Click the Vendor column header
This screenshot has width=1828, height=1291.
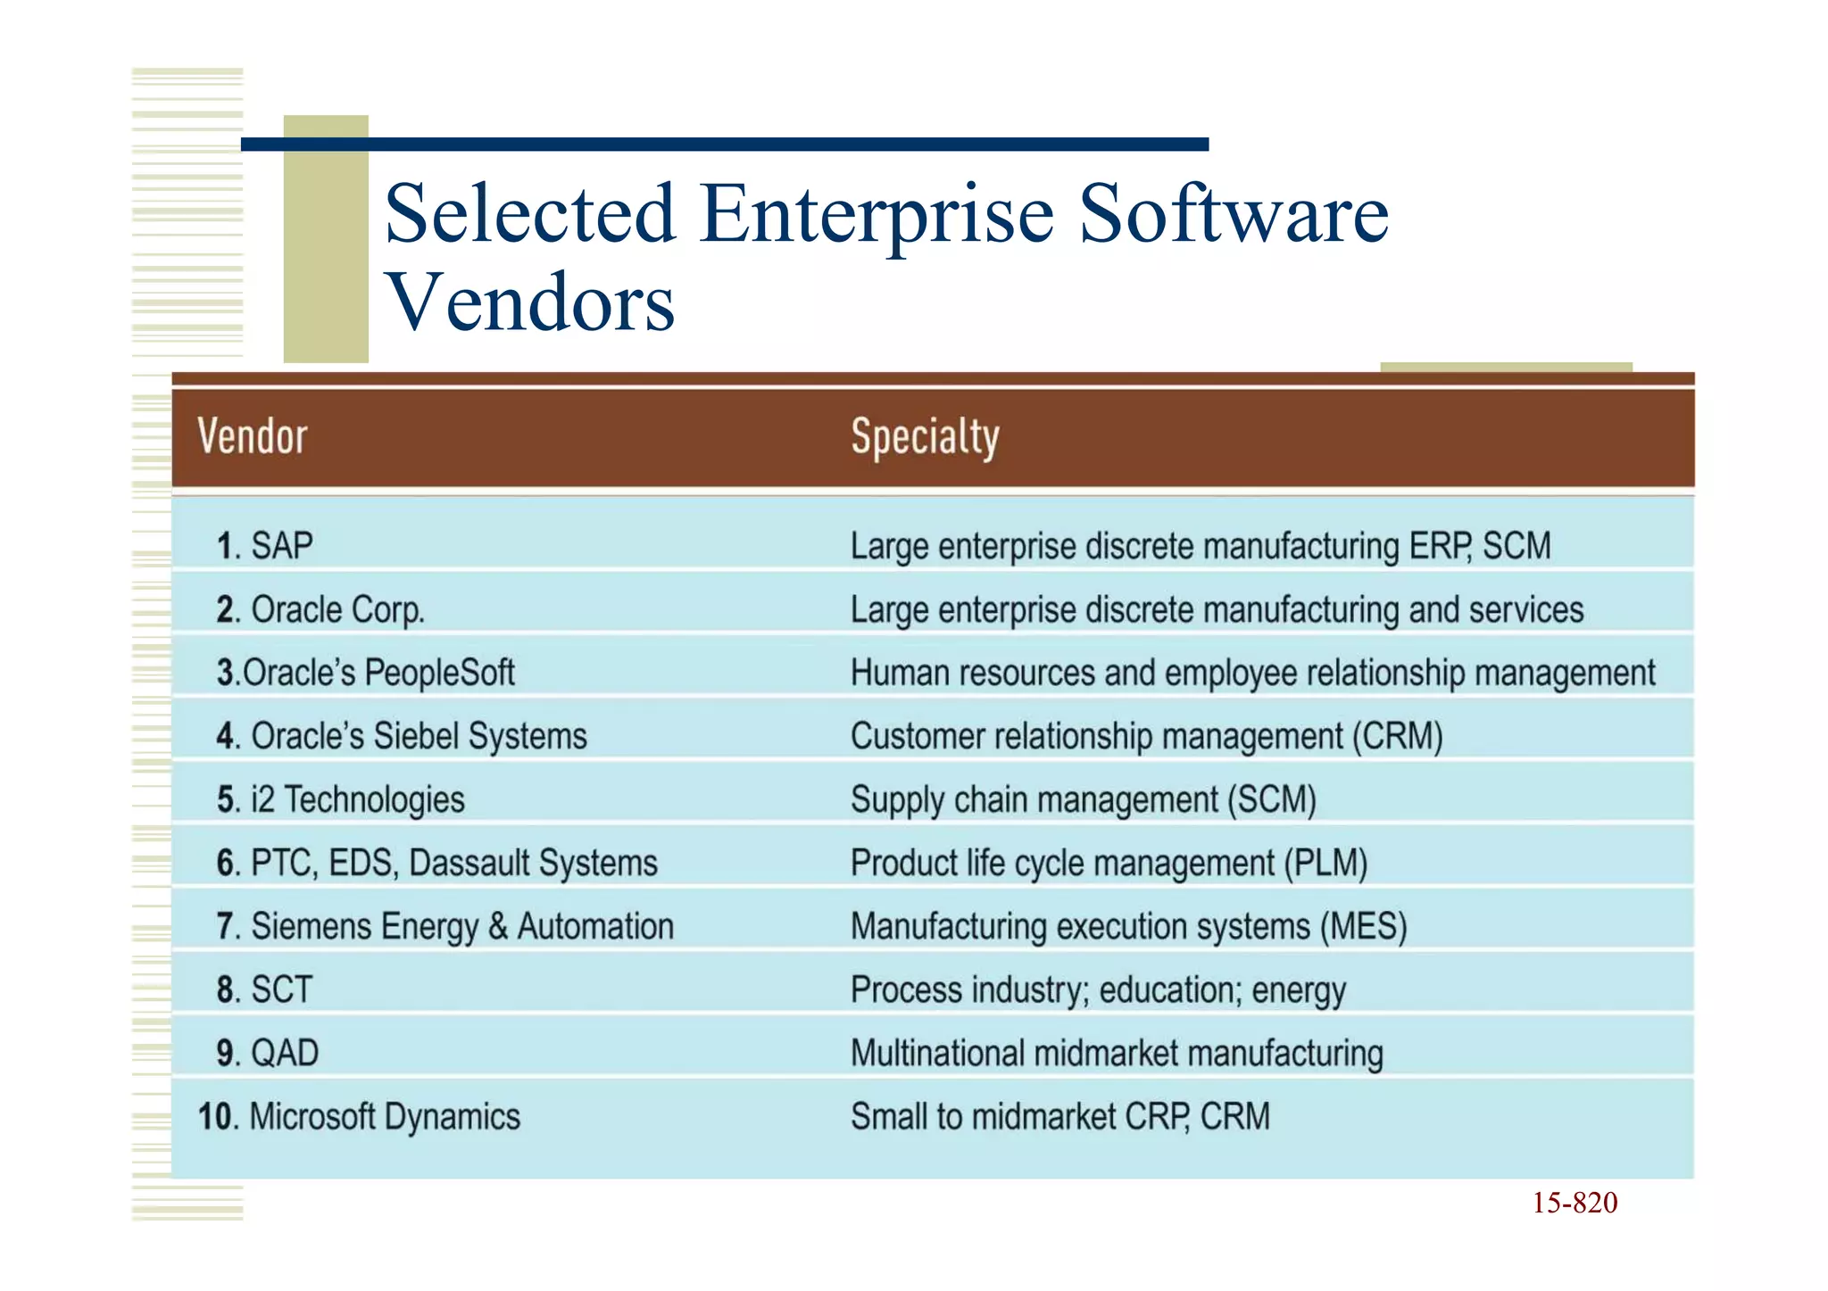252,437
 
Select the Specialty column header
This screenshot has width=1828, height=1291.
925,437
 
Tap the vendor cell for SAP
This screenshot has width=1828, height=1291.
265,546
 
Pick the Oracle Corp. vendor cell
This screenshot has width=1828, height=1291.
320,610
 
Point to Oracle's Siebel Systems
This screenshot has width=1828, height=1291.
402,737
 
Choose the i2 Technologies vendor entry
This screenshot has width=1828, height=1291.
341,800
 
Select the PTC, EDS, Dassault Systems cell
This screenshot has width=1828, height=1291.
437,864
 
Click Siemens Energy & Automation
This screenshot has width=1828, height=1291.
445,927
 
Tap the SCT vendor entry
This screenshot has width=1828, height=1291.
265,990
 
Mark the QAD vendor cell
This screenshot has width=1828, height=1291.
268,1054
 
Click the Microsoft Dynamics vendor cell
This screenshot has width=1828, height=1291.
359,1117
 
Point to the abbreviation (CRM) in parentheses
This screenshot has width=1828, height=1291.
1397,737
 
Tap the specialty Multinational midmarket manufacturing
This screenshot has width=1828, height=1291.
1117,1054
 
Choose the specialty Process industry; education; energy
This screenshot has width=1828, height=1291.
1098,990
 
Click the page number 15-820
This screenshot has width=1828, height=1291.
1575,1204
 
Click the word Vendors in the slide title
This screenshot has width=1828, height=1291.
530,303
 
